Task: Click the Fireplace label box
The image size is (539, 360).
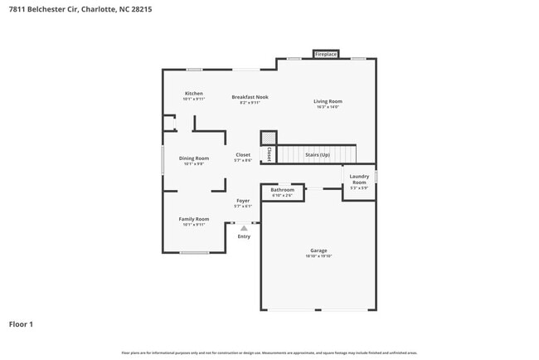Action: tap(326, 55)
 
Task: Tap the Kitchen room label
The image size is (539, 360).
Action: tap(194, 94)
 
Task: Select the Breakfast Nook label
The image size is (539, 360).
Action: tap(250, 97)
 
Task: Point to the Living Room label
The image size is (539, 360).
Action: tap(328, 101)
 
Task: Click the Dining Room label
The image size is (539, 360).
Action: tap(194, 158)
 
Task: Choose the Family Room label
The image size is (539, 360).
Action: tap(194, 219)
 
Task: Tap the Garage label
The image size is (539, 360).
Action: tap(318, 251)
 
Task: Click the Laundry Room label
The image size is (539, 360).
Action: tap(359, 178)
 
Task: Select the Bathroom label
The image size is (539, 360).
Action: tap(283, 190)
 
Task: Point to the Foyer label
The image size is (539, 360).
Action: tap(243, 201)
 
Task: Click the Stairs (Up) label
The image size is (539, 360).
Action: tap(318, 154)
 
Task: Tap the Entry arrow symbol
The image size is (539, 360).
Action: tap(244, 228)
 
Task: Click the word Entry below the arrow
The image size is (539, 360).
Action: tap(244, 237)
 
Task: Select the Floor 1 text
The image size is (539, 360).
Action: tap(21, 324)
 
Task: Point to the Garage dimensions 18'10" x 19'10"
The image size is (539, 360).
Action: tap(318, 256)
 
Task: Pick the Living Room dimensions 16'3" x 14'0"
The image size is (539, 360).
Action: tap(328, 107)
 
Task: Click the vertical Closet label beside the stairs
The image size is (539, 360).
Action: tap(269, 154)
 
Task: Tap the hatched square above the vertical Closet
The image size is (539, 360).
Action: tap(269, 138)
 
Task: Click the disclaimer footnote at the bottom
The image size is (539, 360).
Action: tap(269, 353)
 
